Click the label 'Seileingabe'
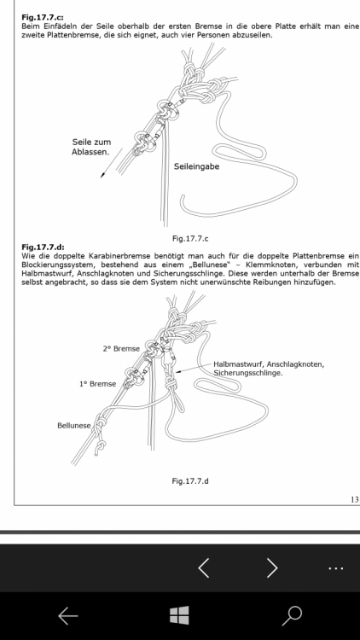[x=196, y=166]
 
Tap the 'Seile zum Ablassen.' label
[x=91, y=147]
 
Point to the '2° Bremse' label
[x=121, y=348]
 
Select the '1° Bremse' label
[x=97, y=384]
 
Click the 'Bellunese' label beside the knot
[x=74, y=425]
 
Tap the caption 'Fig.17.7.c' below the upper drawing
[x=190, y=239]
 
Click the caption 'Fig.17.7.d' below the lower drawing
[x=190, y=480]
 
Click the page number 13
[x=354, y=499]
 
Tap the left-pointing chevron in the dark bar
[x=204, y=567]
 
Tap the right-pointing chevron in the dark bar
[x=272, y=567]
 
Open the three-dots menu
[x=336, y=567]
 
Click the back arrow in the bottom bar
[x=68, y=615]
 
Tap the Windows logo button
[x=179, y=615]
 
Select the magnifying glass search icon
[x=292, y=615]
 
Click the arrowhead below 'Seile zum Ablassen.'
[x=103, y=175]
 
